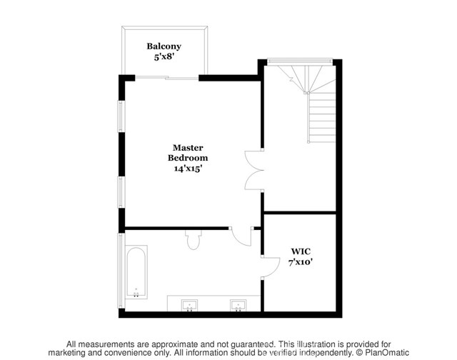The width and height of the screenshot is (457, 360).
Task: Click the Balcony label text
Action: click(164, 46)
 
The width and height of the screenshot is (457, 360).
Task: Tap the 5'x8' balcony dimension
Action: click(164, 56)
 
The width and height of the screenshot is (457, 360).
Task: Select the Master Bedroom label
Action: click(188, 153)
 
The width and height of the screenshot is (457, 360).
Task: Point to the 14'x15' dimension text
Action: click(188, 169)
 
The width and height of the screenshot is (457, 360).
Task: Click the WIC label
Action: click(301, 251)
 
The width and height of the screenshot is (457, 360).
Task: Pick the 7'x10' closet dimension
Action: click(301, 262)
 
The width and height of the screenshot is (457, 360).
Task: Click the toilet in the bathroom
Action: click(193, 240)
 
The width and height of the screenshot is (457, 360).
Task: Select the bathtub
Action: click(136, 272)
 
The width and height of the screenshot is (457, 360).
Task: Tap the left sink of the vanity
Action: click(189, 305)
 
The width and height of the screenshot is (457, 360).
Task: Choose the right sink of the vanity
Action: click(238, 305)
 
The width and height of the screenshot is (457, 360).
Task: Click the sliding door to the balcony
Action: click(167, 78)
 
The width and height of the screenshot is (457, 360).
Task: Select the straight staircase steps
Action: click(322, 117)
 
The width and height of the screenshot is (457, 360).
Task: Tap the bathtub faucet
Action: click(136, 293)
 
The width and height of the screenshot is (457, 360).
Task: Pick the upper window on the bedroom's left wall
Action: click(121, 116)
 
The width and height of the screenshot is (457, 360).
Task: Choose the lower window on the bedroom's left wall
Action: click(121, 192)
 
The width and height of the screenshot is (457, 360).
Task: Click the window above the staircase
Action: click(300, 61)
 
